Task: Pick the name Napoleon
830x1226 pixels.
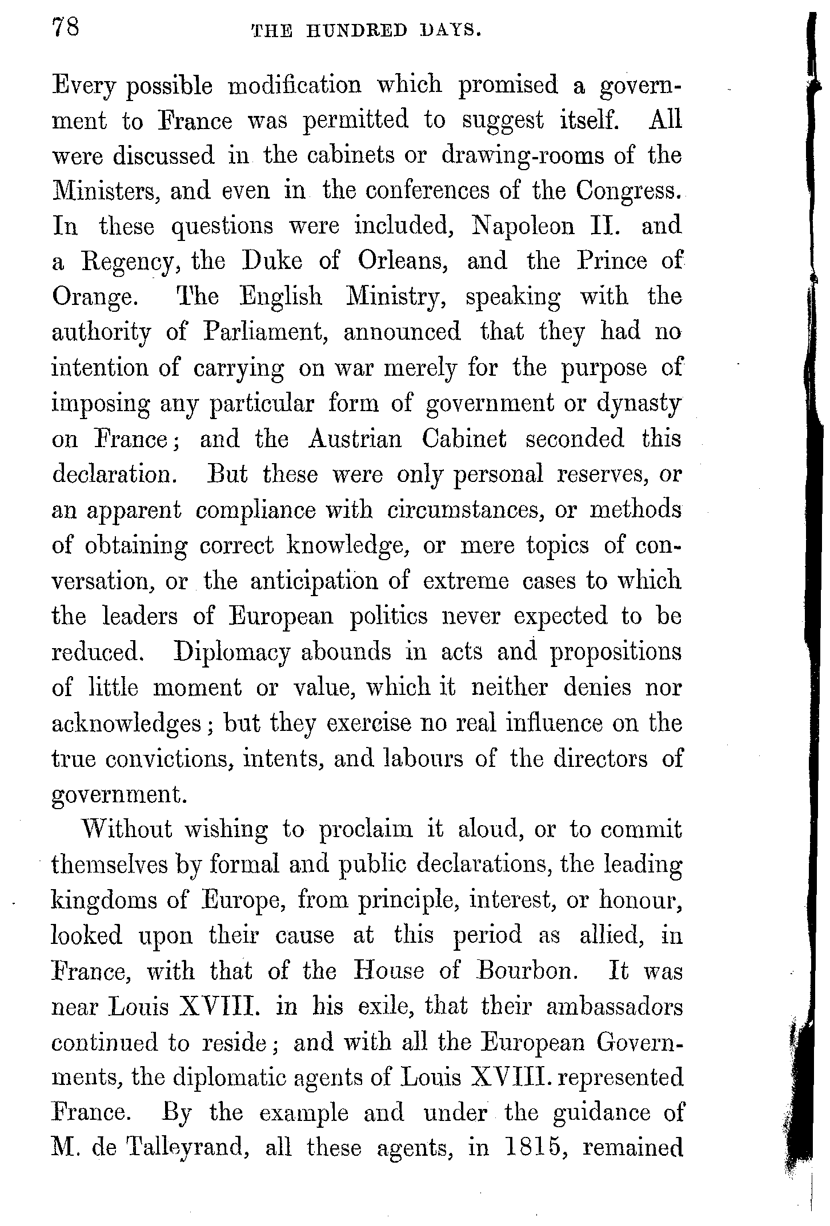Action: [x=523, y=227]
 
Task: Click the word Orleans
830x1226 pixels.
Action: [x=402, y=262]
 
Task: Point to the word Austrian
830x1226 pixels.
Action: [x=355, y=440]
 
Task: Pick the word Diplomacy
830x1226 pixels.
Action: [x=232, y=653]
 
